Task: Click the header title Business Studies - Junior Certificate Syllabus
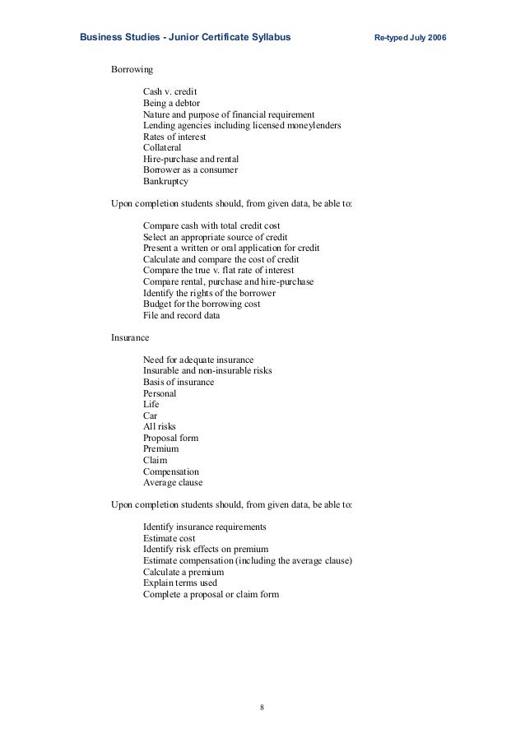point(184,38)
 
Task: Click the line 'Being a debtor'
point(173,102)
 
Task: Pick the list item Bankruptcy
point(165,181)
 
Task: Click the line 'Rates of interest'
point(176,136)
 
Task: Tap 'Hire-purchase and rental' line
point(191,159)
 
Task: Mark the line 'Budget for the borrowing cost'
point(202,304)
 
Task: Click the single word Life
point(151,405)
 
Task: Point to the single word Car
point(150,416)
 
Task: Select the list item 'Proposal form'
point(170,439)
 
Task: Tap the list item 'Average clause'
point(173,483)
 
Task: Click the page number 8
point(262,706)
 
